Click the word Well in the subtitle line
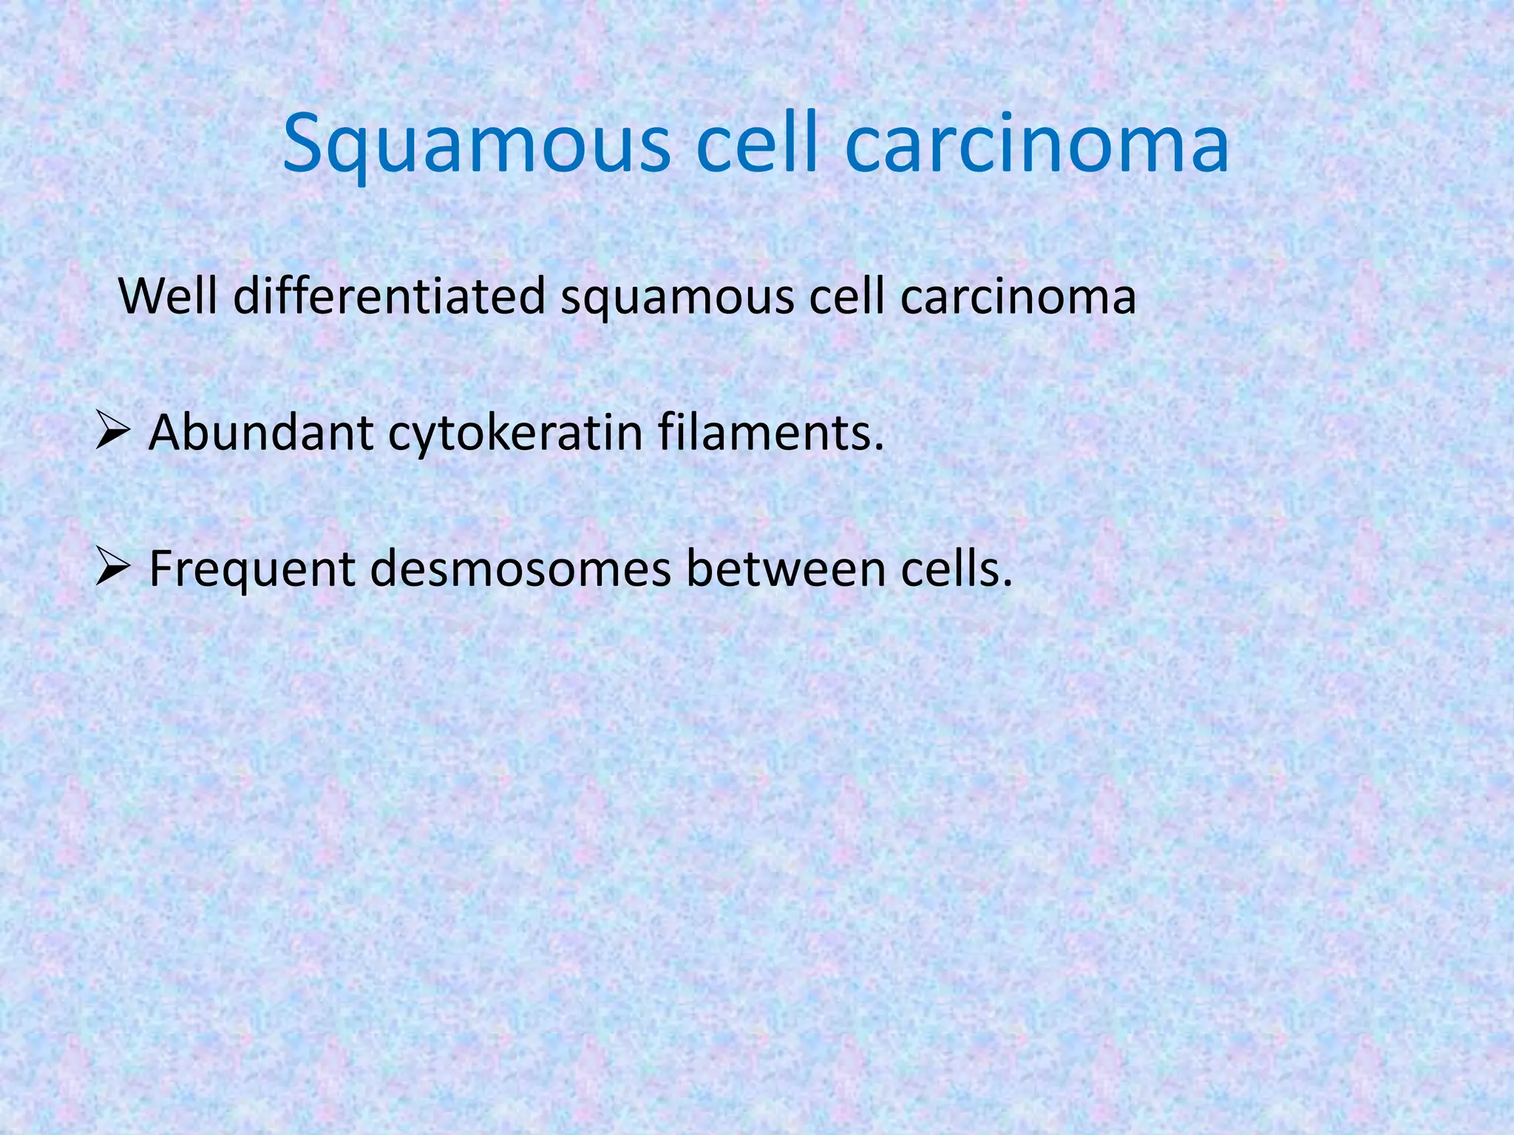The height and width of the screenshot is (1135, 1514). (168, 296)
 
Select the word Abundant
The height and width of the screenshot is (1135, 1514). (260, 432)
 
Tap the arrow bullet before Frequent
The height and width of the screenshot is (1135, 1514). (113, 570)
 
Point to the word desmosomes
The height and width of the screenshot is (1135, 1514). (520, 570)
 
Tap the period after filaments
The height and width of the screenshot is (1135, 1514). (878, 448)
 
